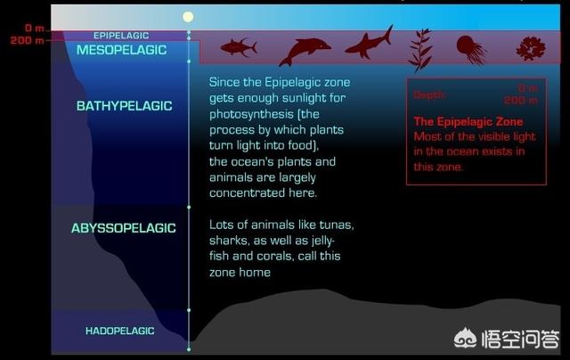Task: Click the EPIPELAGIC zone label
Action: pyautogui.click(x=121, y=36)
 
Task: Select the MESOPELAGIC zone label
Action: pyautogui.click(x=121, y=50)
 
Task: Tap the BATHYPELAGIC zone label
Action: pyautogui.click(x=125, y=106)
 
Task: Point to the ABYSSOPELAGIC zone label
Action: pyautogui.click(x=124, y=228)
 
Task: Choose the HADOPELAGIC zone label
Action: pyautogui.click(x=120, y=331)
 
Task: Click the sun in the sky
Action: pyautogui.click(x=188, y=17)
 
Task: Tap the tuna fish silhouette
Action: pyautogui.click(x=239, y=47)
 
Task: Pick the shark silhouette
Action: pyautogui.click(x=369, y=44)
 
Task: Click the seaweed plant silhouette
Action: pyautogui.click(x=420, y=50)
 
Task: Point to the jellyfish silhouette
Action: pyautogui.click(x=471, y=50)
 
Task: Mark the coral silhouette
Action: pyautogui.click(x=531, y=49)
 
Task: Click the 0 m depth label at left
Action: pyautogui.click(x=35, y=28)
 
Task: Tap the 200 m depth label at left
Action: pyautogui.click(x=28, y=40)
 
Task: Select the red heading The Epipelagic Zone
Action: pyautogui.click(x=468, y=121)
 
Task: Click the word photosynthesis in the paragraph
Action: pyautogui.click(x=251, y=115)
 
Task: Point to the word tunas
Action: pyautogui.click(x=337, y=225)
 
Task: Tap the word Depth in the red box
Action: pyautogui.click(x=429, y=95)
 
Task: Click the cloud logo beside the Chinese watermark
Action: pyautogui.click(x=465, y=339)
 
